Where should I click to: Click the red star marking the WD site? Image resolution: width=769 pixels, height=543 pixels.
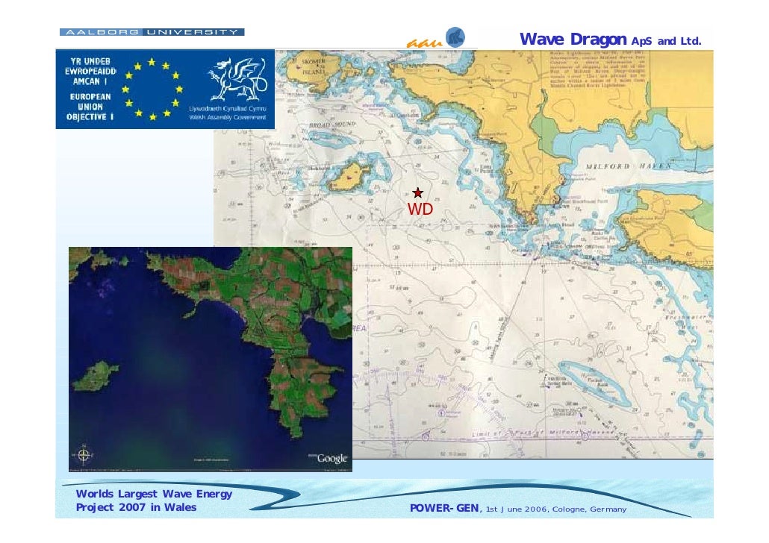point(418,193)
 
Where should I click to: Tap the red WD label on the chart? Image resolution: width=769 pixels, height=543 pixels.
point(420,210)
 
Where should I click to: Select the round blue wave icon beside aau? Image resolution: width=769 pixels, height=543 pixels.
point(455,37)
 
